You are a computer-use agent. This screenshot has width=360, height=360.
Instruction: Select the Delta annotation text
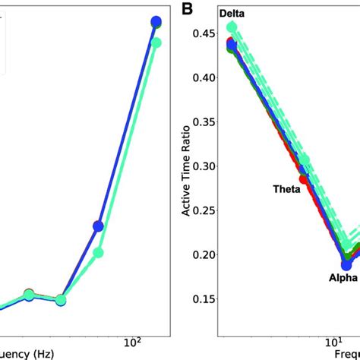tap(235, 14)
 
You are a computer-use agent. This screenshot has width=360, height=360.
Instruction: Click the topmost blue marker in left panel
tap(156, 22)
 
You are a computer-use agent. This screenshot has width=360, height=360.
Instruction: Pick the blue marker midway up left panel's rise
tap(99, 226)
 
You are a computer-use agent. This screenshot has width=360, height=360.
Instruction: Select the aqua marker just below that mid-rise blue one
tap(99, 253)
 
